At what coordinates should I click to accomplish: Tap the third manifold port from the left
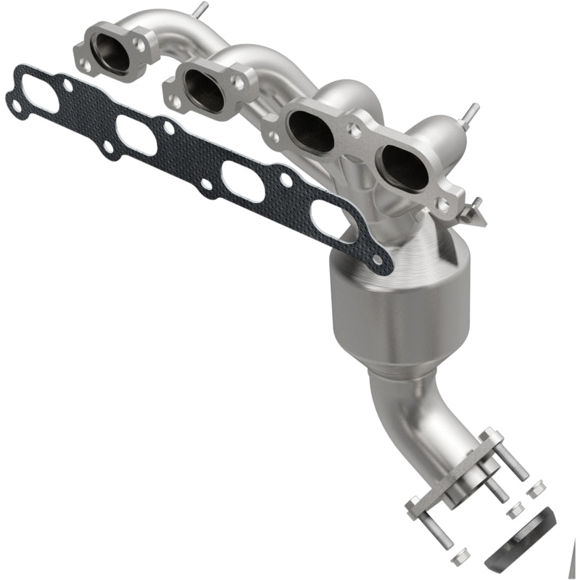click(311, 131)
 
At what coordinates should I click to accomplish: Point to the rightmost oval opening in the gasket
click(334, 220)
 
